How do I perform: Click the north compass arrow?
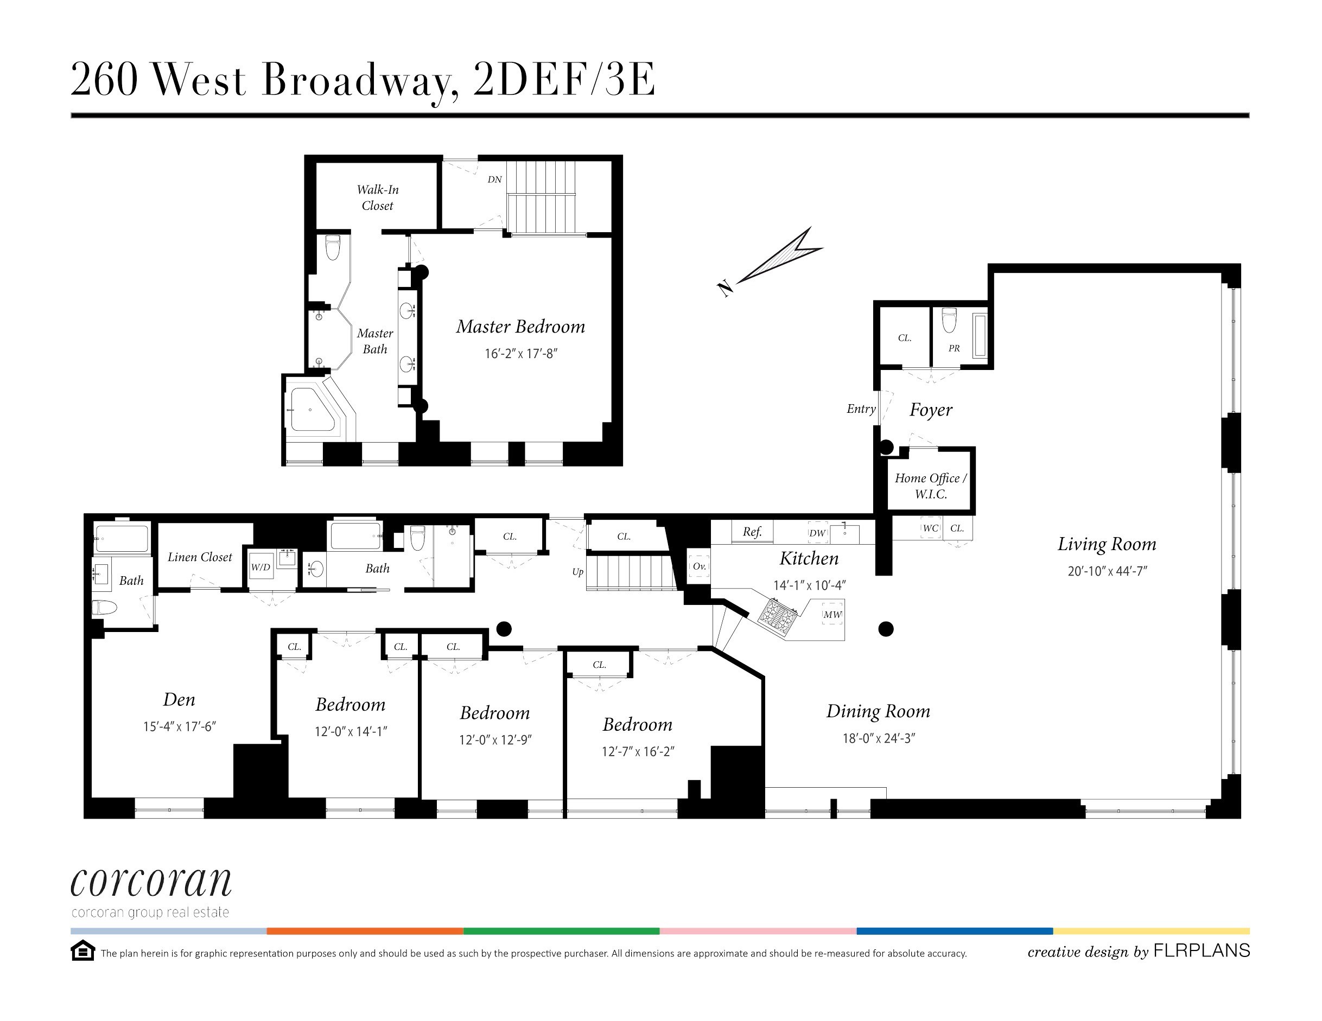pos(778,258)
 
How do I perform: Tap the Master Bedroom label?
pos(520,327)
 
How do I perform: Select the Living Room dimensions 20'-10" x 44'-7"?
pos(1107,571)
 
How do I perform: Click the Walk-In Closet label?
pos(377,197)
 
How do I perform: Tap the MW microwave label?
pos(832,614)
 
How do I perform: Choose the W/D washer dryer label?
pos(261,567)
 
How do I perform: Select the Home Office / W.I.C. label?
pos(930,486)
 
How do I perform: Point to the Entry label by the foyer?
pos(861,409)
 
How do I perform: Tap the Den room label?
pos(179,700)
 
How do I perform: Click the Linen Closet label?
pos(200,557)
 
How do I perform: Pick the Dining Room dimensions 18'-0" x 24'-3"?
pos(878,738)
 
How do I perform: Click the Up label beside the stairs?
pos(577,572)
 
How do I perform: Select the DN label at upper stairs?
pos(494,179)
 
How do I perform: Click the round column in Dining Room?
pos(886,629)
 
